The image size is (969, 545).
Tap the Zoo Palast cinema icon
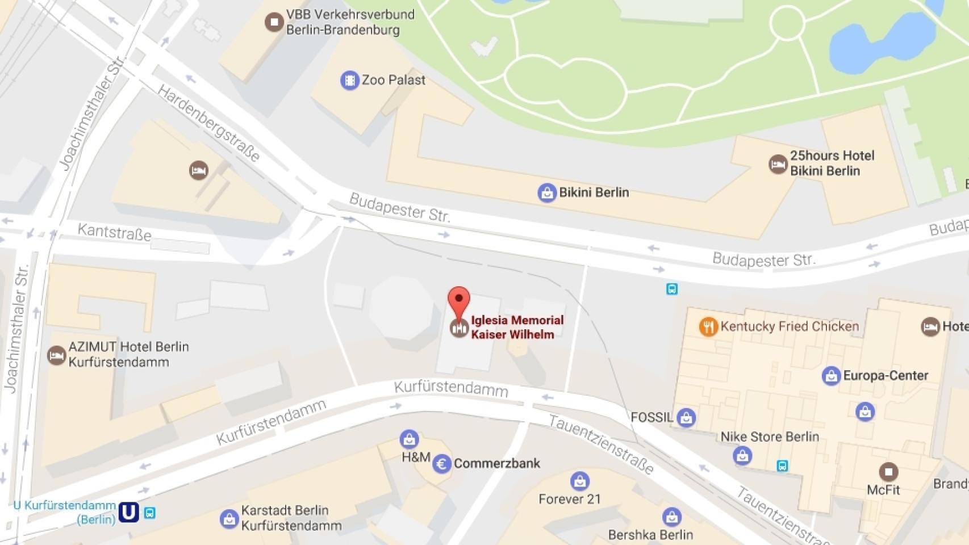click(x=349, y=80)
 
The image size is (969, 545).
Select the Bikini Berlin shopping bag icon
click(x=546, y=193)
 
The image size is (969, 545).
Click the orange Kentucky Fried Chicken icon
click(x=708, y=326)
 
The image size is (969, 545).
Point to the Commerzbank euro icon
click(x=441, y=464)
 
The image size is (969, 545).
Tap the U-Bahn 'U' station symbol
click(x=128, y=512)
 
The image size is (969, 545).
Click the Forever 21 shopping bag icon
click(x=579, y=481)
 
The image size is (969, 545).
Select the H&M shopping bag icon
click(x=409, y=439)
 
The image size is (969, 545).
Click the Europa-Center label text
click(x=885, y=375)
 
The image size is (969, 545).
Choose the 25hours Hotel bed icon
click(x=778, y=164)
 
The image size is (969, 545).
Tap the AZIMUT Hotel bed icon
click(x=56, y=355)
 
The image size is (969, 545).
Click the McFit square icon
click(x=888, y=472)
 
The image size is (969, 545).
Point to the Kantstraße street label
click(x=114, y=232)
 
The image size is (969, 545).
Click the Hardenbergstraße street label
click(x=208, y=123)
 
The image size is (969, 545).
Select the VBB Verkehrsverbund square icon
click(x=274, y=22)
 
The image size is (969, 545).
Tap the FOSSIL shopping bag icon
click(x=686, y=418)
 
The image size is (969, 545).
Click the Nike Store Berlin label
click(x=770, y=437)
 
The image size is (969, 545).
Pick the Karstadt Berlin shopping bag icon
click(x=229, y=518)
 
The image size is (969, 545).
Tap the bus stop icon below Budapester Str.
click(x=672, y=289)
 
